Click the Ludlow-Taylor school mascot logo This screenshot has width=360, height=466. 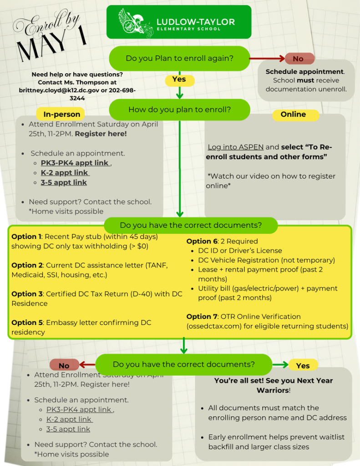click(135, 23)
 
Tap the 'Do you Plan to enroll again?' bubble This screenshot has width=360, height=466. click(179, 58)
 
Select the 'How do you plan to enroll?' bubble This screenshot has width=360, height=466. click(179, 110)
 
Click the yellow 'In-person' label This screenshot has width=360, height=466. click(61, 114)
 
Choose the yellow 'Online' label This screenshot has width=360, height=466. click(293, 114)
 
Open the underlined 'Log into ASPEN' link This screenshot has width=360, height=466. click(235, 147)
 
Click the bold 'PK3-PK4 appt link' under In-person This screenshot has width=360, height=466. click(75, 163)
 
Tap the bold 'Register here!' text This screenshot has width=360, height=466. click(101, 134)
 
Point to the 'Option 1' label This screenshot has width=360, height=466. click(26, 237)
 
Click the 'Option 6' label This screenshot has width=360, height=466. click(201, 241)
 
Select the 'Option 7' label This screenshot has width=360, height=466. click(201, 316)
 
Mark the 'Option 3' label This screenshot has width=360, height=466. click(26, 294)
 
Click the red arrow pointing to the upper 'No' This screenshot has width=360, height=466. click(268, 59)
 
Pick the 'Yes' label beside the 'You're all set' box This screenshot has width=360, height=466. click(303, 365)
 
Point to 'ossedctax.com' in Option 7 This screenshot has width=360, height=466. click(210, 326)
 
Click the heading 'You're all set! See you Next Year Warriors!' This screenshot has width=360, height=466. click(274, 385)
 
